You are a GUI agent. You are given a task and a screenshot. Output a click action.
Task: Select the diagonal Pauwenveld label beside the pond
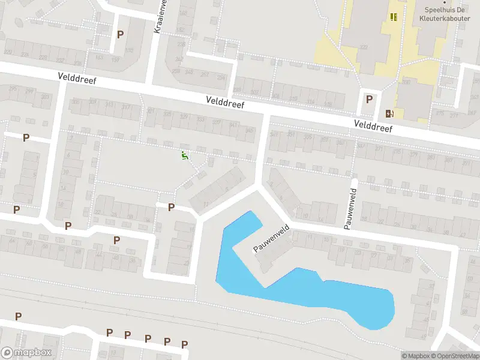pyautogui.click(x=272, y=239)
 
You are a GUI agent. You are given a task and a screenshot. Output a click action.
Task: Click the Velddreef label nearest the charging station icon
pyautogui.click(x=373, y=125)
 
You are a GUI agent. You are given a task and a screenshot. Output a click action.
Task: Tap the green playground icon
pyautogui.click(x=185, y=156)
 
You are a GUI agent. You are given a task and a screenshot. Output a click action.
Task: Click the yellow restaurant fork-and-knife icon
pyautogui.click(x=394, y=17)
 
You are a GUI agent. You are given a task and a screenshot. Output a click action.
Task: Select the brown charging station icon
pyautogui.click(x=391, y=113)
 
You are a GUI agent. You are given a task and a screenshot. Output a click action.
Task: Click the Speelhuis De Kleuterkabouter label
pyautogui.click(x=445, y=14)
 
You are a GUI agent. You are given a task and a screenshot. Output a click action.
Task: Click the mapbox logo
pyautogui.click(x=26, y=353)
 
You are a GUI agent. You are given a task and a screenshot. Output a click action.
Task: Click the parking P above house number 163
pyautogui.click(x=121, y=35)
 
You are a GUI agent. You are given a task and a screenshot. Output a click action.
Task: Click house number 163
pyautogui.click(x=100, y=58)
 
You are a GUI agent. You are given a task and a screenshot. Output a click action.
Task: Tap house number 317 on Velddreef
pyautogui.click(x=126, y=107)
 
